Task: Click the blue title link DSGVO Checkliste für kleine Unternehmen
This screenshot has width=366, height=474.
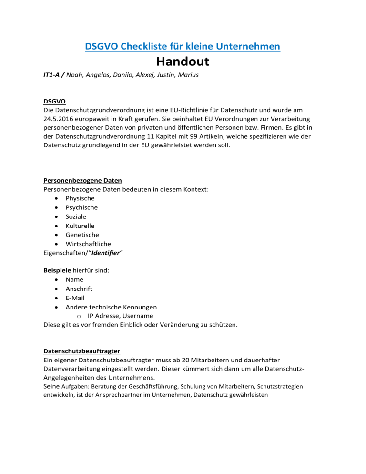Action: [x=183, y=46]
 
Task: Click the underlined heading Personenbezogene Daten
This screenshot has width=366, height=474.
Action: [x=82, y=180]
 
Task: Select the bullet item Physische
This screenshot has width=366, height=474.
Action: [x=80, y=198]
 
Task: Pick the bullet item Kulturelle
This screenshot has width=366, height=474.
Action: [x=80, y=226]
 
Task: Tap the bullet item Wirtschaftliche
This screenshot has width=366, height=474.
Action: [x=88, y=244]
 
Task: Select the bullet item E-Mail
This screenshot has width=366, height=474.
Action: [x=77, y=298]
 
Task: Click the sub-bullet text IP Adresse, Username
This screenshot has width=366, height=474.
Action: [x=120, y=316]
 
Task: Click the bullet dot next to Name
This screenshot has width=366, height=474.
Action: [x=57, y=279]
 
